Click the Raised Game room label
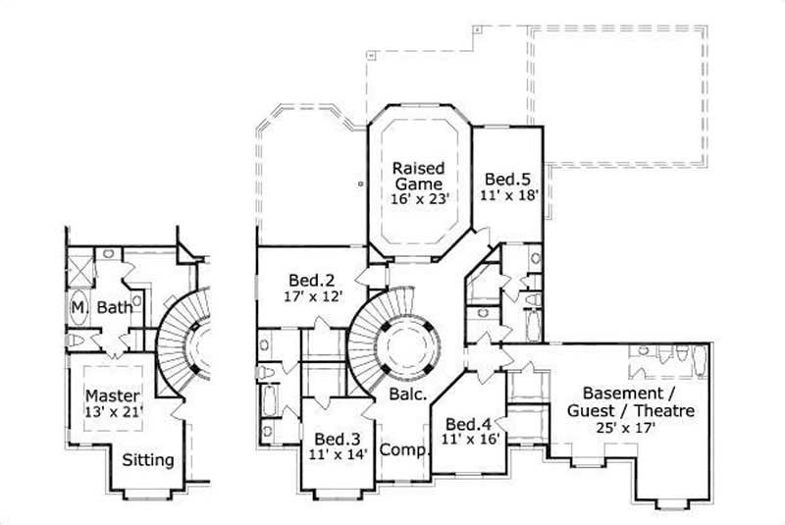pos(418,174)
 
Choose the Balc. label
pos(407,395)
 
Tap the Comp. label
pos(400,450)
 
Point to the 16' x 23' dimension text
pos(419,198)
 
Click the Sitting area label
pos(148,459)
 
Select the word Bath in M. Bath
pos(115,308)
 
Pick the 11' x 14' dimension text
pos(335,455)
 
